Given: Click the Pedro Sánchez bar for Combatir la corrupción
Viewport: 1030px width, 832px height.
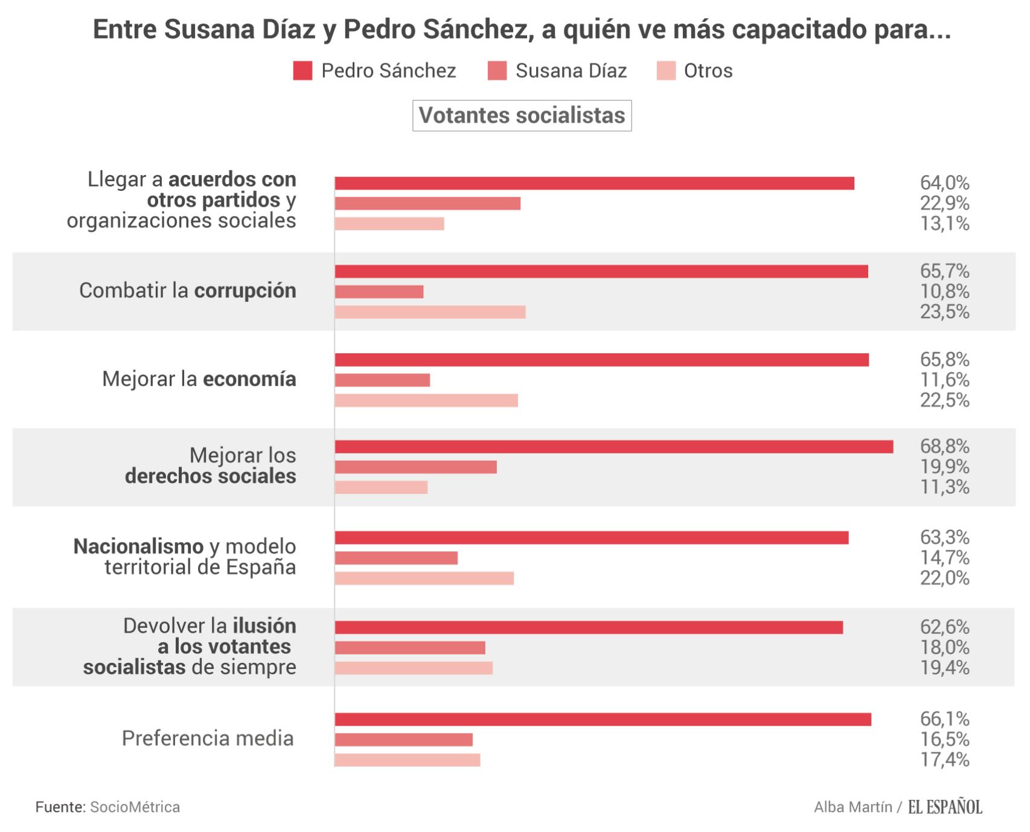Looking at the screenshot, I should coord(601,272).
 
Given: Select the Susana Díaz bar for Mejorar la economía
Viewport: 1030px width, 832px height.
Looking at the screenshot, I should coord(382,380).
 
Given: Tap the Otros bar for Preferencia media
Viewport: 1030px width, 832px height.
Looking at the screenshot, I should coord(408,760).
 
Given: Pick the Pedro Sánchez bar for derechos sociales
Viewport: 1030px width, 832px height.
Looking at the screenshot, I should coord(614,447).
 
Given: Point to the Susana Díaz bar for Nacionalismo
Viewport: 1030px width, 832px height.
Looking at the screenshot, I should coord(396,558).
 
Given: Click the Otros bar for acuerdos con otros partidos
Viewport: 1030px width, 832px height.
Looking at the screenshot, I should coord(389,224).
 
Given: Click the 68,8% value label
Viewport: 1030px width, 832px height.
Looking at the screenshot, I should coord(944,447).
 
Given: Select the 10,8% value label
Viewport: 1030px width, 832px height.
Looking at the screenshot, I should coord(944,292).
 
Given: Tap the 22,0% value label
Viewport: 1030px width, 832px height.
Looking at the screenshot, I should coord(944,578).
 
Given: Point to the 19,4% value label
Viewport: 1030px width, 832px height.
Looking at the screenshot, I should coord(944,668).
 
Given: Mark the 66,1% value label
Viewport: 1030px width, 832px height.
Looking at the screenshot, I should coord(944,719).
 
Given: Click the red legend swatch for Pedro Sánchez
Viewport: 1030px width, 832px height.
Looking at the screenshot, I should coord(302,71).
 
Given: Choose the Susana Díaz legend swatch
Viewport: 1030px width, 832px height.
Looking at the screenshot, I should coord(497,71).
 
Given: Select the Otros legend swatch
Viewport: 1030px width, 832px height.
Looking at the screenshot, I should coord(666,71).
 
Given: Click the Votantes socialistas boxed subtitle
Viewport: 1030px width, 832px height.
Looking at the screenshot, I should coord(522,116).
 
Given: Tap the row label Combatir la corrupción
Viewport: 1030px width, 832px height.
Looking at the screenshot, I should coord(188,291).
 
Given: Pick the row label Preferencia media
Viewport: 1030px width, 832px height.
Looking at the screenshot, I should coord(208,738).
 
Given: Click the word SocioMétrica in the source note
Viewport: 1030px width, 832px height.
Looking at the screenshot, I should coord(135,807).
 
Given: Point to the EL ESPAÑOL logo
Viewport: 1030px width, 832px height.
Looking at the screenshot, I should coord(945,807).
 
